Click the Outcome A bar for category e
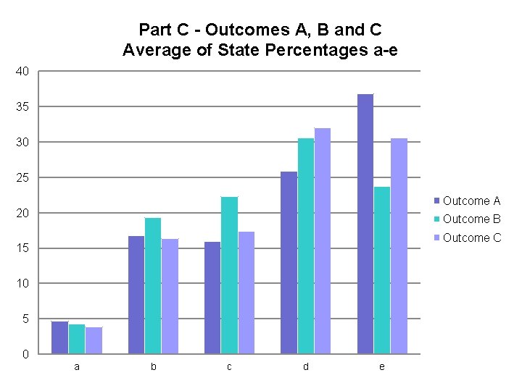point(365,224)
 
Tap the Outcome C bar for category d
point(322,240)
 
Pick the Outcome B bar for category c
point(229,275)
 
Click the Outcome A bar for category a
point(59,337)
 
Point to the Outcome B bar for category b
point(153,285)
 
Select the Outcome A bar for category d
point(289,263)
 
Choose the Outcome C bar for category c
point(246,293)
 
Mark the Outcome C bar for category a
point(94,340)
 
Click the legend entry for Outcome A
point(471,201)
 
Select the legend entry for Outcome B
point(471,219)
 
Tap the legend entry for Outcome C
point(471,237)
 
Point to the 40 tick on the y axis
point(22,72)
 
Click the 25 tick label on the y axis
point(22,177)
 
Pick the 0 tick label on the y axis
point(25,354)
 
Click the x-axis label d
point(305,367)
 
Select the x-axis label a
point(77,367)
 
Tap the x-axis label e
point(382,367)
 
